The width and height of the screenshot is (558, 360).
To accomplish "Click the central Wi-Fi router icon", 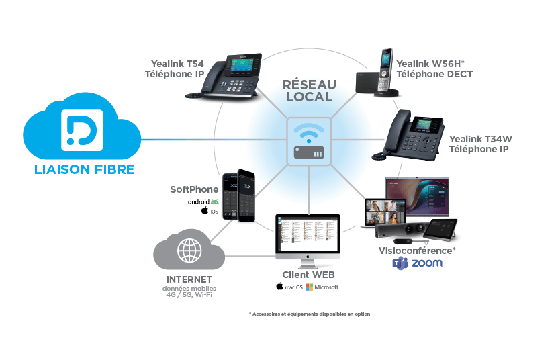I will pyautogui.click(x=309, y=141).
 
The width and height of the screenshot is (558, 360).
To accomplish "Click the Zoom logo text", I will pyautogui.click(x=427, y=263).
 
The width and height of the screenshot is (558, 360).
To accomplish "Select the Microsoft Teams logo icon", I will pyautogui.click(x=401, y=263).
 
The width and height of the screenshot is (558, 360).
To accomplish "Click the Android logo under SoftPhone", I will pyautogui.click(x=215, y=201).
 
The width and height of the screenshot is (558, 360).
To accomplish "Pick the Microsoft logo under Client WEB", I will pyautogui.click(x=310, y=287).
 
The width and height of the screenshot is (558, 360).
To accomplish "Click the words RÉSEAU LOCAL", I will pyautogui.click(x=309, y=90).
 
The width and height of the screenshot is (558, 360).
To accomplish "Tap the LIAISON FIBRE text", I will pyautogui.click(x=85, y=169).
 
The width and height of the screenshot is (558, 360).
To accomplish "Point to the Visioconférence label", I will pyautogui.click(x=417, y=250).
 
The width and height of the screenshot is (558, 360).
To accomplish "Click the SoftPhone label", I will pyautogui.click(x=194, y=189).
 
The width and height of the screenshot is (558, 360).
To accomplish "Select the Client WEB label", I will pyautogui.click(x=308, y=275).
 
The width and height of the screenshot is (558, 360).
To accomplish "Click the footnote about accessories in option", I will pyautogui.click(x=309, y=314).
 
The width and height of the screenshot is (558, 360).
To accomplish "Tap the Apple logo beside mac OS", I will pyautogui.click(x=279, y=287).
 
